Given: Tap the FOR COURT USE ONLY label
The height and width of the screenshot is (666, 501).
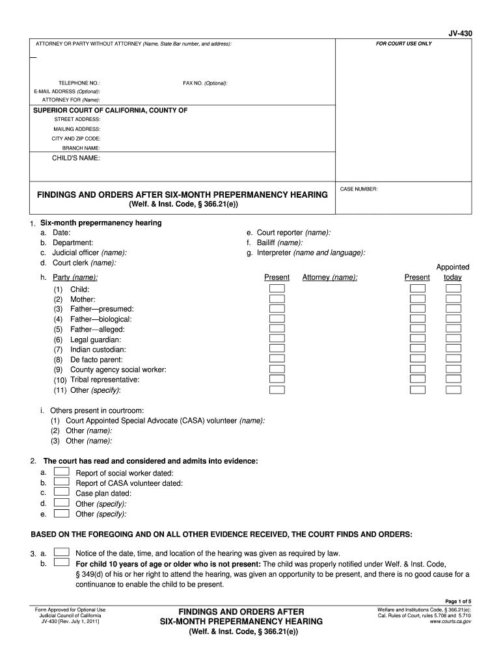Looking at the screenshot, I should (403, 44).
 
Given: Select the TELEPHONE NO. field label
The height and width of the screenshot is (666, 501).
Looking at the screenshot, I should (79, 83).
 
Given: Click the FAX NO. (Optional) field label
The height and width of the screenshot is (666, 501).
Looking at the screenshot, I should (205, 83).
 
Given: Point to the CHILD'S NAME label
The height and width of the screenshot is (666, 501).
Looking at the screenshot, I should (75, 158).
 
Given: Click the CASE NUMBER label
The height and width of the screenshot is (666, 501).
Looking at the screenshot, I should (359, 189).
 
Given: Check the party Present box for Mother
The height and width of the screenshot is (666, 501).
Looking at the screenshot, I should (277, 299).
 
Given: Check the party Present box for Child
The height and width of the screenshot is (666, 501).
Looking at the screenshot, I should (277, 289).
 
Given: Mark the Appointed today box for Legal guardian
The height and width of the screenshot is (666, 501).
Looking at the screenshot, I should (454, 340).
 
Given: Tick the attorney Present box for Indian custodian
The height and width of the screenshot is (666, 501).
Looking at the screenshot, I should (418, 349).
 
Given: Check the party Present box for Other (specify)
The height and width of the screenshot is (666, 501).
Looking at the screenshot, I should (277, 390).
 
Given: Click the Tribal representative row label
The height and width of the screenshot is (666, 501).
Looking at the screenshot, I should (105, 380).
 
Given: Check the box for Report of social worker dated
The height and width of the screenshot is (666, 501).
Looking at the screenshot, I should (61, 472).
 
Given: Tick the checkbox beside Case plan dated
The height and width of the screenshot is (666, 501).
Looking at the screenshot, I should (61, 492).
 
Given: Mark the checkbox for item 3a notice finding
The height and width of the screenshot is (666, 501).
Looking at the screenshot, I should (61, 552).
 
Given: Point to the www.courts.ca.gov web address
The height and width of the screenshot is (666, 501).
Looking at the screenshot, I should (450, 622).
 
